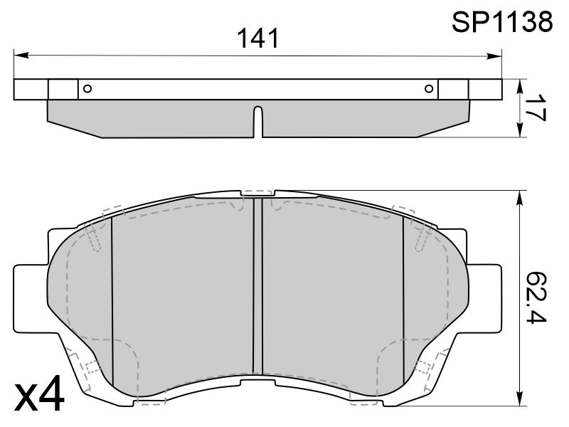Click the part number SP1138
(x=502, y=21)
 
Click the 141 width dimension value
(x=258, y=38)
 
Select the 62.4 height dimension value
(x=536, y=297)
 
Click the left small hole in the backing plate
(x=87, y=88)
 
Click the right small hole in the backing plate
(x=429, y=88)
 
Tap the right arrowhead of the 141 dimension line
(x=494, y=56)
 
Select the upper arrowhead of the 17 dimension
(x=520, y=86)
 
